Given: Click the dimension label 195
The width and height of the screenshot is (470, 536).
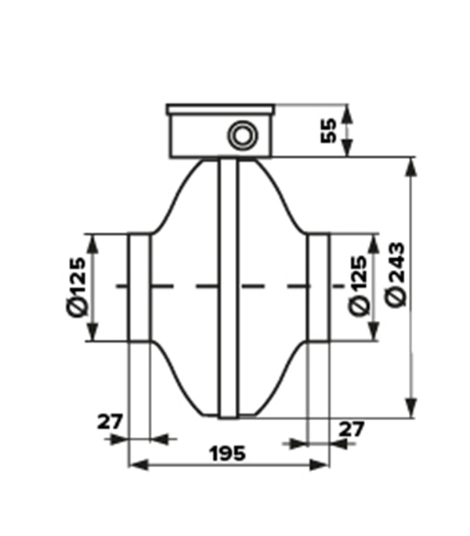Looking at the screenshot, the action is tap(228, 454).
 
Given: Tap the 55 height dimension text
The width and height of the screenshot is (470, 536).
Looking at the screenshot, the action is tap(329, 131).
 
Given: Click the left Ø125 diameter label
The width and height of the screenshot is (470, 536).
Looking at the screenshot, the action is tap(76, 287).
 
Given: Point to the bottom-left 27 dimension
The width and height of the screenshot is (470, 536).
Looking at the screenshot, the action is tap(110, 422).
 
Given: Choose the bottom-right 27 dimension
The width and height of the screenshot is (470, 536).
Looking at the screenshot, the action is tap(351, 429).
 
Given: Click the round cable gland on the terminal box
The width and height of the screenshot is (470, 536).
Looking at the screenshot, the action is tap(243, 137).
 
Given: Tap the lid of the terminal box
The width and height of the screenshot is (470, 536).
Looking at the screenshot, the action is tap(221, 110).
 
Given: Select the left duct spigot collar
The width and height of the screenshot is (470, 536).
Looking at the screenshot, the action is tap(139, 287).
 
